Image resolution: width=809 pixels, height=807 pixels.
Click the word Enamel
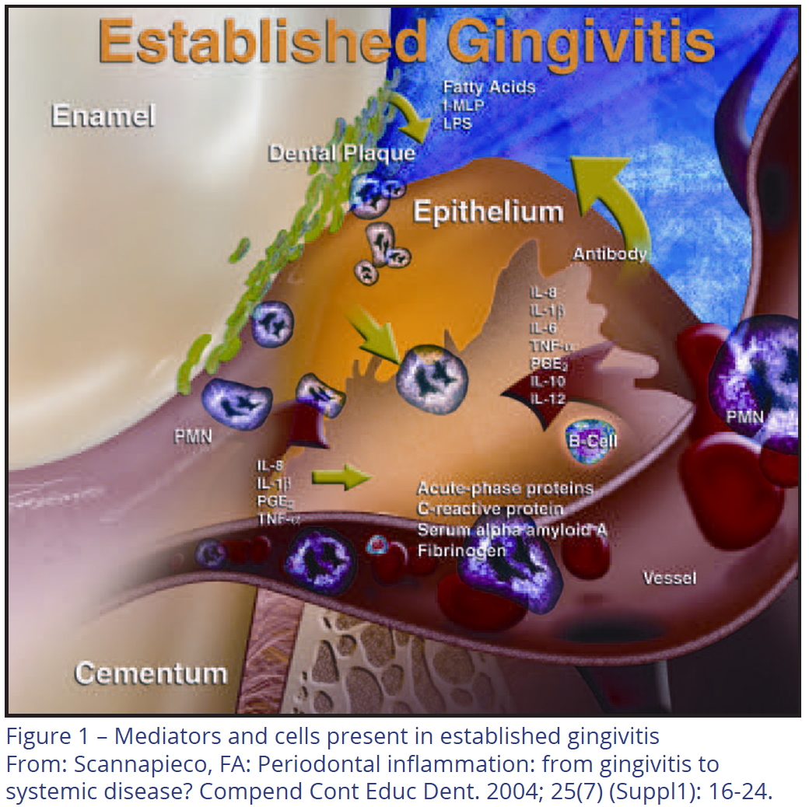tap(103, 116)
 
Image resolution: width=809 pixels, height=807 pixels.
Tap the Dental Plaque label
tap(341, 153)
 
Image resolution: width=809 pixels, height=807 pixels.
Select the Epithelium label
tap(488, 211)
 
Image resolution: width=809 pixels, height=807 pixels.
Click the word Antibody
tap(610, 253)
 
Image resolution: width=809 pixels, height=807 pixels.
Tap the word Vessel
tap(669, 578)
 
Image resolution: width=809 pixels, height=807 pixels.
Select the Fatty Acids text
tap(489, 86)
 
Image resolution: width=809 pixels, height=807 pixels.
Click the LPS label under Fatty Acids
tap(457, 124)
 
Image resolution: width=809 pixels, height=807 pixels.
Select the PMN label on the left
tap(193, 437)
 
